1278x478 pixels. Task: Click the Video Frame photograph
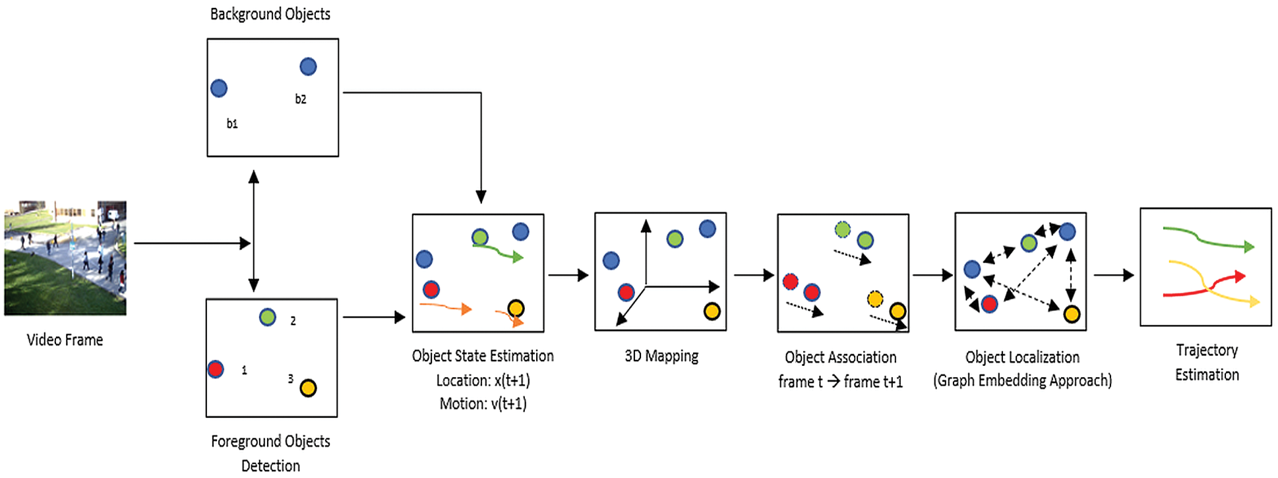click(x=65, y=258)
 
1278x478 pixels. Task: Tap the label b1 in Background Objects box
click(x=232, y=123)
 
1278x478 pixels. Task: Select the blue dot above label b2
click(x=308, y=67)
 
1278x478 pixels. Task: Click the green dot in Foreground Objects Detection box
click(x=267, y=317)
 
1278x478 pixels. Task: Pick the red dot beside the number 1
click(x=216, y=369)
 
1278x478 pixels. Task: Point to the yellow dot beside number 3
click(x=308, y=388)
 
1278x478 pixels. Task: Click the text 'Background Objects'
click(x=270, y=14)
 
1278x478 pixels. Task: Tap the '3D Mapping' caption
click(x=661, y=356)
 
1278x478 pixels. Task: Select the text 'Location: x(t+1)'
click(x=483, y=380)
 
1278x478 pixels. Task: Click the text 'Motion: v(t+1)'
click(x=483, y=403)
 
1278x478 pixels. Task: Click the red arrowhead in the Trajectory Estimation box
click(x=1240, y=276)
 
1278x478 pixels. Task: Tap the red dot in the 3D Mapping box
click(x=626, y=292)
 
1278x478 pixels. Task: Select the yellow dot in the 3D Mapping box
click(x=712, y=311)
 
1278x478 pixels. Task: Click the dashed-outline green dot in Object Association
click(x=842, y=229)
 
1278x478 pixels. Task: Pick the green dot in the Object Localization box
click(x=1028, y=243)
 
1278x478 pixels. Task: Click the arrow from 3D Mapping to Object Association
click(x=752, y=275)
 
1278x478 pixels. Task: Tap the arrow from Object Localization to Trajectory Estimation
click(x=1113, y=275)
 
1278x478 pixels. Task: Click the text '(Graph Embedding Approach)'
click(x=1022, y=380)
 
